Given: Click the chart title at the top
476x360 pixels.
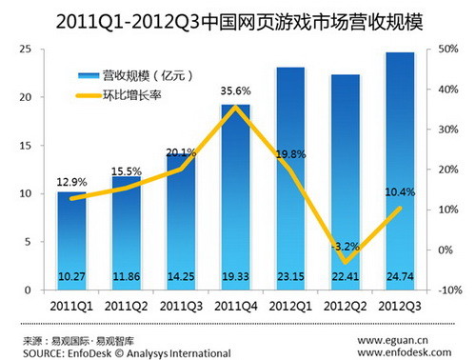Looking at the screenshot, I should (238, 17).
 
